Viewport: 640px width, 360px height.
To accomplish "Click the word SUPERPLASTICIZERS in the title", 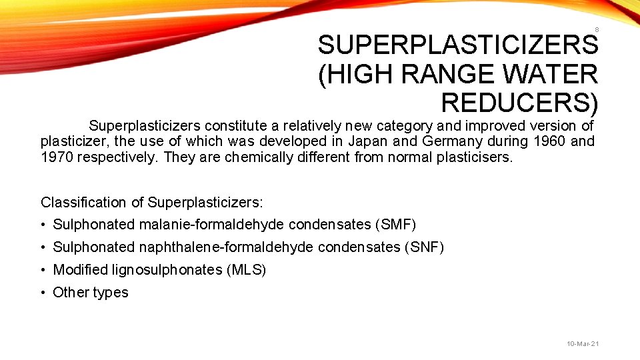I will pos(458,45).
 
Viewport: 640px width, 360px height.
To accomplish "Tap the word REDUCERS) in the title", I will pos(519,102).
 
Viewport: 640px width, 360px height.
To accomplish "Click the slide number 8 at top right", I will pos(596,30).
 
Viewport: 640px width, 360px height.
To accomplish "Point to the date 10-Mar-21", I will pos(583,343).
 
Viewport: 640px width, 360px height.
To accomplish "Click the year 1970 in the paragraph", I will pos(57,158).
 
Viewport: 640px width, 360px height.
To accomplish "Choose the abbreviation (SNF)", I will pos(423,247).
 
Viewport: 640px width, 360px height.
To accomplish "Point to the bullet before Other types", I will pos(43,293).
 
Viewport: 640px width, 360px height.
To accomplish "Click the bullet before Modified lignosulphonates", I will pos(43,270).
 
